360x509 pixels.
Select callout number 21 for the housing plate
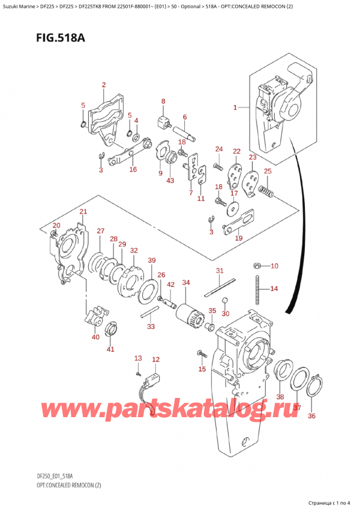click(x=83, y=211)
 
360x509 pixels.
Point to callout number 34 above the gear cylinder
click(x=186, y=283)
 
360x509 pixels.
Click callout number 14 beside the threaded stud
click(x=274, y=289)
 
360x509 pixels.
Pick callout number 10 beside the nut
click(x=274, y=266)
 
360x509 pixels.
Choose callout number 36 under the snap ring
click(x=311, y=415)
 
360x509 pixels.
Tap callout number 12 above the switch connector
click(x=156, y=360)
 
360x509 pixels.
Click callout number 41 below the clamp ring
click(x=109, y=349)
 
